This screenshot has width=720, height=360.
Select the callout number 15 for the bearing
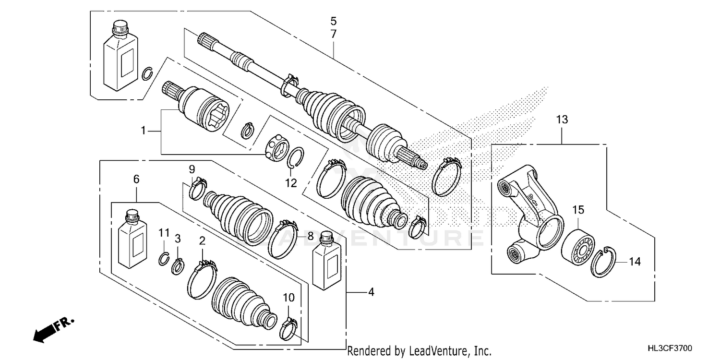pyautogui.click(x=578, y=209)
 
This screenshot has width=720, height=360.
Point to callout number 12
pyautogui.click(x=291, y=183)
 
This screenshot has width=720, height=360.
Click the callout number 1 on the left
pyautogui.click(x=143, y=130)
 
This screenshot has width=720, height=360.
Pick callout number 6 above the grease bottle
pyautogui.click(x=136, y=179)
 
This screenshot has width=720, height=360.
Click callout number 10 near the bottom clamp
pyautogui.click(x=288, y=298)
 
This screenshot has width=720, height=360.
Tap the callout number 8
pyautogui.click(x=310, y=236)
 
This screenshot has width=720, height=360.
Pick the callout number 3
pyautogui.click(x=178, y=238)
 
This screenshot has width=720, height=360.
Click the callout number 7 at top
pyautogui.click(x=333, y=34)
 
